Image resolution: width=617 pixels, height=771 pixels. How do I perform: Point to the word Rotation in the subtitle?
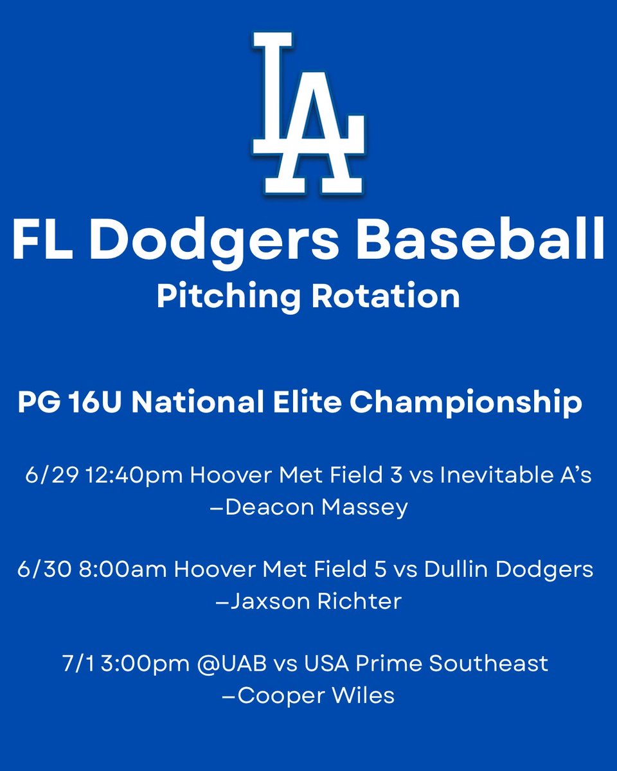pos(387,297)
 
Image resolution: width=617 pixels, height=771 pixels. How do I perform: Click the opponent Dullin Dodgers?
pos(515,571)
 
